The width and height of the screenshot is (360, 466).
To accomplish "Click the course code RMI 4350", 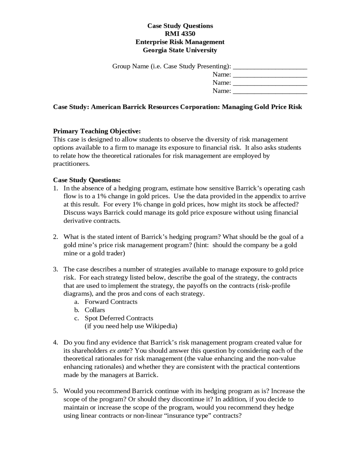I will coord(180,34).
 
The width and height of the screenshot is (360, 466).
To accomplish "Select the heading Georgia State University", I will coord(180,50).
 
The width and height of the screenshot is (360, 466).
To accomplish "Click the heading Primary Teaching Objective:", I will coord(97,131).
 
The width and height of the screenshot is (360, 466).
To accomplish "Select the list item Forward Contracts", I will coord(111,302).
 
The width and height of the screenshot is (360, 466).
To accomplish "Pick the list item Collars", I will coord(95,310).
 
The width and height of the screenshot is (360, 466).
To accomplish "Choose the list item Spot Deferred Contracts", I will coord(119,318).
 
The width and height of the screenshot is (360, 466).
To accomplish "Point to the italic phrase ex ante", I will coord(120,351).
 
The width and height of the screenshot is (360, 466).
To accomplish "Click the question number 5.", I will coord(55,391).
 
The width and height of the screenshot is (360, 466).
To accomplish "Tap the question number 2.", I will coord(55,237).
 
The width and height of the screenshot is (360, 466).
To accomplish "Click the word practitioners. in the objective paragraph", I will coord(71,164).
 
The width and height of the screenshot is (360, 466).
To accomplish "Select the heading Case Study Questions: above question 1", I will coord(87,180).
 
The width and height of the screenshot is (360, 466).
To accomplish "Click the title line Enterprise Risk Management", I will coord(180,42).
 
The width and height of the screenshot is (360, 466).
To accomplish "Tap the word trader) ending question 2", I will coord(114,253).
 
